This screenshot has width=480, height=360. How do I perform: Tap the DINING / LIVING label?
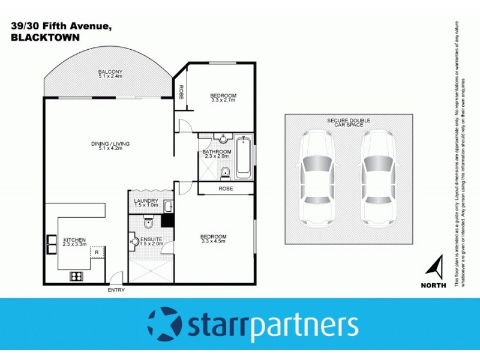point(110,144)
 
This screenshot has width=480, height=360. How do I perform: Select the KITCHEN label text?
point(75,240)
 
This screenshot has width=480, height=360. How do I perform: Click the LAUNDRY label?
point(146,201)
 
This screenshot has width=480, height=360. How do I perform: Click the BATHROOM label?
point(217,152)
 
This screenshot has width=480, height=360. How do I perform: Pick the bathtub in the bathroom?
point(243,157)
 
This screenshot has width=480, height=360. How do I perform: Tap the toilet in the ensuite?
point(149,223)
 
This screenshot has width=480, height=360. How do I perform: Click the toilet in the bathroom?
point(225,173)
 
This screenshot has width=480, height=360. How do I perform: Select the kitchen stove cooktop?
point(76,276)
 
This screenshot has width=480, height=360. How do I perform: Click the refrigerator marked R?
point(97,253)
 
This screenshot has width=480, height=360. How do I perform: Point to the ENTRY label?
point(116,290)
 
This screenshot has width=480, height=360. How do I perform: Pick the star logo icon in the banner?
point(164,323)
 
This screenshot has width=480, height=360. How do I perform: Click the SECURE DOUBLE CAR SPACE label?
point(349,123)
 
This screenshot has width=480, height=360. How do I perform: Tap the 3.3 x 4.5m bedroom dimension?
point(214,242)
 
